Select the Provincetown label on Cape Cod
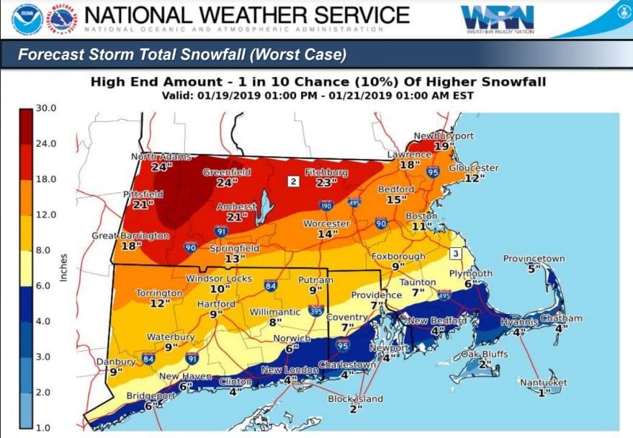pyautogui.click(x=534, y=259)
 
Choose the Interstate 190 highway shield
pyautogui.click(x=326, y=205)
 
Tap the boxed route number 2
pyautogui.click(x=293, y=181)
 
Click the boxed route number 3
pyautogui.click(x=455, y=253)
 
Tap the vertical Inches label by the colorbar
pyautogui.click(x=63, y=268)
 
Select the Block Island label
pyautogui.click(x=356, y=398)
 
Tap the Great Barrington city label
pyautogui.click(x=130, y=236)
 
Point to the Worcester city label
pyautogui.click(x=326, y=224)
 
